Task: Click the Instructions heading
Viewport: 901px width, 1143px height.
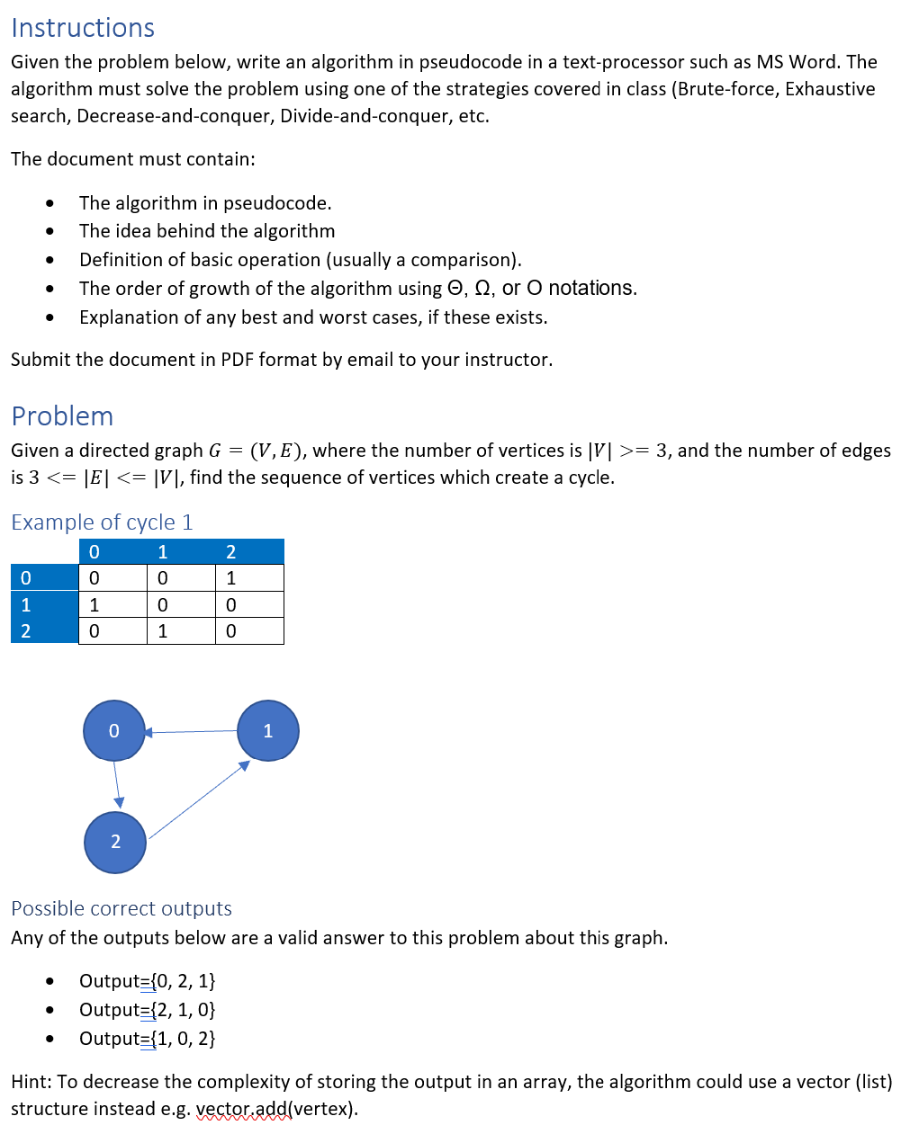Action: [x=83, y=28]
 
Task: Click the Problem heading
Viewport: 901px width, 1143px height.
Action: [x=62, y=416]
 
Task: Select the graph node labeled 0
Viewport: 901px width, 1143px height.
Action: [x=114, y=731]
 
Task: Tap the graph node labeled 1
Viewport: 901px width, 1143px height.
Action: [x=268, y=731]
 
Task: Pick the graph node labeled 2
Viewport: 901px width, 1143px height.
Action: [x=115, y=843]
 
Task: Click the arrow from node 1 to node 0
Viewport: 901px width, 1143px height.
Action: [x=191, y=732]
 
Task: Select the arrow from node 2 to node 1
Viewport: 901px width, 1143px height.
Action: [x=199, y=799]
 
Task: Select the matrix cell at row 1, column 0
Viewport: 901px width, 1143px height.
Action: [x=113, y=605]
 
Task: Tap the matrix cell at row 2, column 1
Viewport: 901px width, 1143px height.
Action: [x=181, y=631]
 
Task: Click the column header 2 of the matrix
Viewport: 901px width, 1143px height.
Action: [x=231, y=552]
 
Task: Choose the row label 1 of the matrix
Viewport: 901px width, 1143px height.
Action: [x=26, y=605]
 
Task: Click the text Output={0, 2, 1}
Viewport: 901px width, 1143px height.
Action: [x=148, y=981]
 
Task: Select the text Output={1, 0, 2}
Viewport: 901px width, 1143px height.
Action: [x=148, y=1039]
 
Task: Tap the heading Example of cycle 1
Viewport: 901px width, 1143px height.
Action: [x=102, y=522]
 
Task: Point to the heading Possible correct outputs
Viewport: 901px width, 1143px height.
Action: [x=122, y=908]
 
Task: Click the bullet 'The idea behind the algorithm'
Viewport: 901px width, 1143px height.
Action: [x=207, y=231]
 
